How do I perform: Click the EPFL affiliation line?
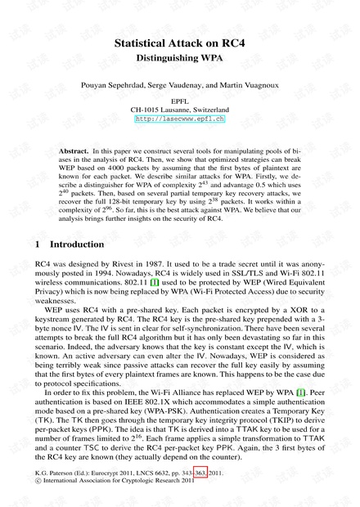point(180,100)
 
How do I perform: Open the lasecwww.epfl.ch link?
point(180,119)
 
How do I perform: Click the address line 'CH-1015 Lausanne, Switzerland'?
point(180,109)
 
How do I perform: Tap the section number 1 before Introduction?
point(39,244)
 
